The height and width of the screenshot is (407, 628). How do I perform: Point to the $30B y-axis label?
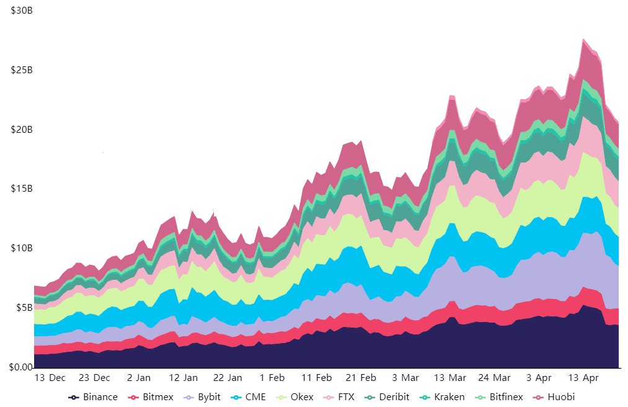click(x=22, y=11)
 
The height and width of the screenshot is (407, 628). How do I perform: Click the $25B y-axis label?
click(x=22, y=70)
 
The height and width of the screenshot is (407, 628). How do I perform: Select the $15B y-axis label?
click(x=22, y=189)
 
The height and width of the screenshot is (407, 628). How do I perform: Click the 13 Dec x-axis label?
click(x=50, y=378)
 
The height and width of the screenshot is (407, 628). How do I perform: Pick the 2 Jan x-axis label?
click(x=138, y=378)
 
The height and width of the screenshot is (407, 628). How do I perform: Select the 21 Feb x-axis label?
click(x=360, y=378)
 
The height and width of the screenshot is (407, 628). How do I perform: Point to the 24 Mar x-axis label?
click(x=495, y=378)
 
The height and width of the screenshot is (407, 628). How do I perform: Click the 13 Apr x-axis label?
click(x=583, y=378)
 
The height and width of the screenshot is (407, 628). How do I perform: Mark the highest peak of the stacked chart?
click(x=583, y=38)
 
